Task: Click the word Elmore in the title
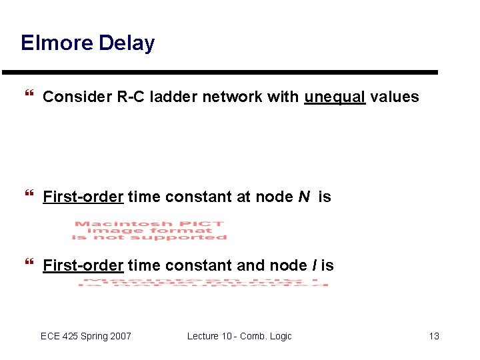[57, 43]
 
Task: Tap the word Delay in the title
[127, 43]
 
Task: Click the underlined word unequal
[335, 97]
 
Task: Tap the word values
[395, 97]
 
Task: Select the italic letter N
[303, 197]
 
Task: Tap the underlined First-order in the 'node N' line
[83, 197]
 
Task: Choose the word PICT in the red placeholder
[207, 224]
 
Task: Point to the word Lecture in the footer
[203, 336]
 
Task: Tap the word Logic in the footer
[279, 336]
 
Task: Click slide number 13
[434, 336]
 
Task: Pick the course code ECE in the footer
[50, 336]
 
